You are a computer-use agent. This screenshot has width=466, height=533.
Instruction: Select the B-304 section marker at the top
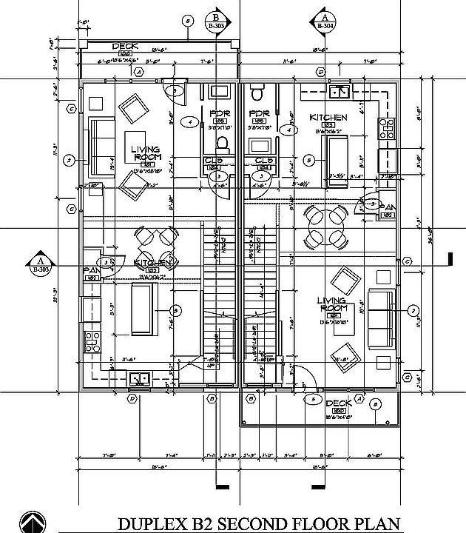(x=324, y=20)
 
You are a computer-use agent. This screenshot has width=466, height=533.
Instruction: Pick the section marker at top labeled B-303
(x=217, y=20)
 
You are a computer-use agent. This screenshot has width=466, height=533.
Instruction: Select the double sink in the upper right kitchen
(x=340, y=93)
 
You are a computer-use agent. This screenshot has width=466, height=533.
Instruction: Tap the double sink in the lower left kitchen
(x=138, y=379)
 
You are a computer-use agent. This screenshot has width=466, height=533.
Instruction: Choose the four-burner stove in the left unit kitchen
(x=93, y=341)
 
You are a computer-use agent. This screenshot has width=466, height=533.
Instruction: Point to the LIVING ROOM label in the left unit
(x=145, y=153)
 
